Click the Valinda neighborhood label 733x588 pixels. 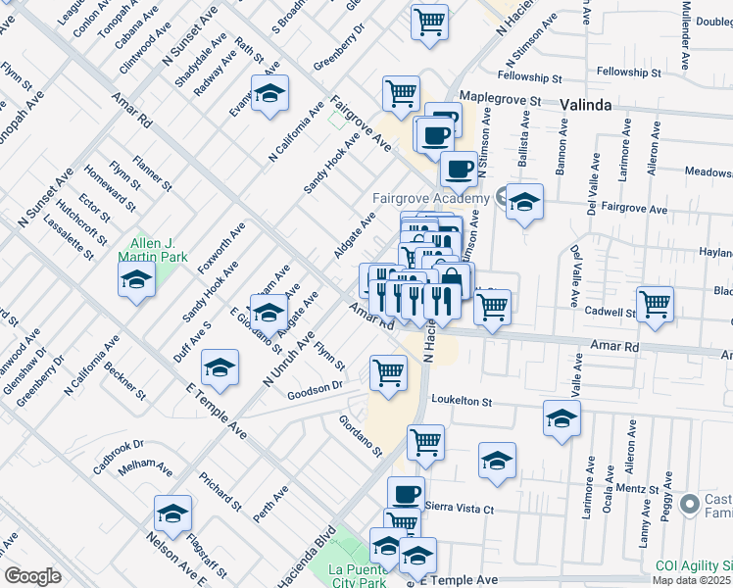point(586,104)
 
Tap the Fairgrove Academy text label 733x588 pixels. point(430,198)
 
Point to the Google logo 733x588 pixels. point(32,576)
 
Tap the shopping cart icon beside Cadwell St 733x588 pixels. point(655,303)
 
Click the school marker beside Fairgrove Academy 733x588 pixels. point(524,203)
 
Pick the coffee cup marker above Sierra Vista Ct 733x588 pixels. point(406,493)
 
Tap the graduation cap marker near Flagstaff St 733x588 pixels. point(173,513)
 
